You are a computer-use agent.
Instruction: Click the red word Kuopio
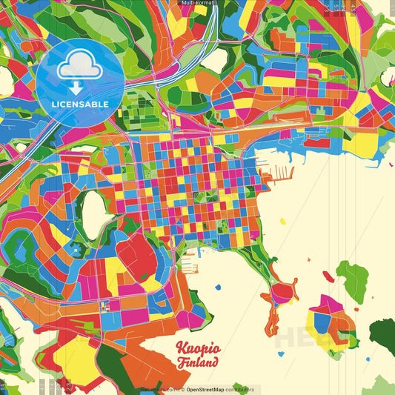pyautogui.click(x=197, y=348)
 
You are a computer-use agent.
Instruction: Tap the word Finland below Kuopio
pyautogui.click(x=198, y=363)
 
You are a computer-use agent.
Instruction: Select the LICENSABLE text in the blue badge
pyautogui.click(x=80, y=104)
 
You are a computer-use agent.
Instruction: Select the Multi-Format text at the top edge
pyautogui.click(x=198, y=3)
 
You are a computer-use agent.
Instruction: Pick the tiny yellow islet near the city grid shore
pyautogui.click(x=282, y=220)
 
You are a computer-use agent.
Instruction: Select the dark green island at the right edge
pyautogui.click(x=383, y=334)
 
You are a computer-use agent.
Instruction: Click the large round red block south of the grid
pyautogui.click(x=137, y=256)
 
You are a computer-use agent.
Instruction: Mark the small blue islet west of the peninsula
pyautogui.click(x=219, y=286)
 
